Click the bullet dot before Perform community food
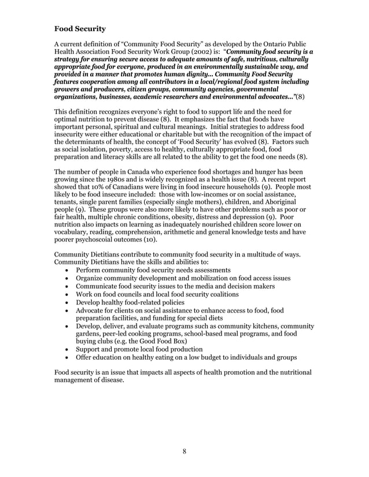point(68,271)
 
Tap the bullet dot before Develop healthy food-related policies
point(68,303)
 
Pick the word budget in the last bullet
point(217,357)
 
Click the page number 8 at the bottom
point(183,451)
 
